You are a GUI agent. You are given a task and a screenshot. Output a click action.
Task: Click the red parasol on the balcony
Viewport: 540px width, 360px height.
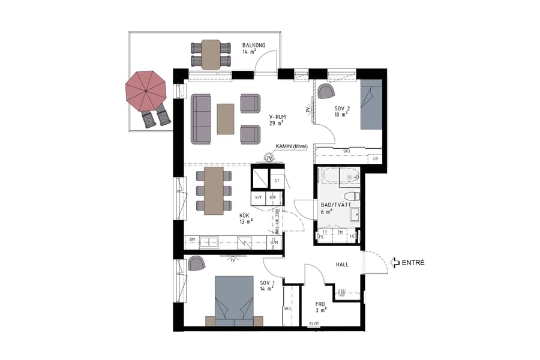click(x=145, y=91)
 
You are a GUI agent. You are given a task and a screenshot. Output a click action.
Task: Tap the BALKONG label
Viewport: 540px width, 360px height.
click(x=254, y=46)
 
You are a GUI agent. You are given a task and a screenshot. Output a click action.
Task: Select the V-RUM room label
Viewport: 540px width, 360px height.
click(x=277, y=117)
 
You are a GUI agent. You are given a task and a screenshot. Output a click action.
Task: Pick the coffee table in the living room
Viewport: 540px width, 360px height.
click(x=226, y=119)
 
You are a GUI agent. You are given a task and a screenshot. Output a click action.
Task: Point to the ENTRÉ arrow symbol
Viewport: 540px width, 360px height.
click(x=395, y=262)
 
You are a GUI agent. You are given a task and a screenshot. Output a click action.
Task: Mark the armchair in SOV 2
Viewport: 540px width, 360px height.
click(x=326, y=91)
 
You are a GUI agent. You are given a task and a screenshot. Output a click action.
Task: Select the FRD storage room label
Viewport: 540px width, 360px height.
click(x=320, y=305)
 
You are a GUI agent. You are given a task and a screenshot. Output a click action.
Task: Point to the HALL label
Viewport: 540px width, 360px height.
click(x=341, y=264)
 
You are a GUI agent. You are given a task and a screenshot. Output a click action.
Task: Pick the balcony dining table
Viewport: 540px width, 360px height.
click(x=211, y=54)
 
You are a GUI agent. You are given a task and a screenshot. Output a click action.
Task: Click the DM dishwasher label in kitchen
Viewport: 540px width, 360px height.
click(x=193, y=240)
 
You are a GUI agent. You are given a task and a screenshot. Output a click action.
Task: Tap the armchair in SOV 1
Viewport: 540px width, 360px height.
click(x=196, y=263)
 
